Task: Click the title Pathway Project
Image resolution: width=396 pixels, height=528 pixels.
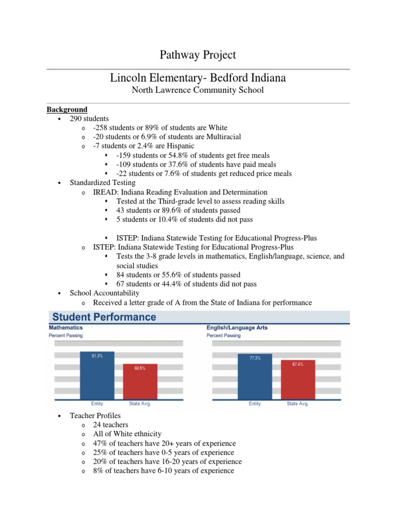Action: (197, 55)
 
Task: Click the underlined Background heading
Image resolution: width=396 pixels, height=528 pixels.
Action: (67, 109)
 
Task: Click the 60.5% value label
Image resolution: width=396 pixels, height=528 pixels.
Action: (140, 368)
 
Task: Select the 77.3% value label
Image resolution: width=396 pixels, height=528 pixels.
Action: (255, 358)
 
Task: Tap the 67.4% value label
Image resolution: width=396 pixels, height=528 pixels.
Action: (298, 364)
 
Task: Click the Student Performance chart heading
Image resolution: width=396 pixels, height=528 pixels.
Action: (102, 317)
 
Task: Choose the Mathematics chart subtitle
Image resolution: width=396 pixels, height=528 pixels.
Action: (65, 327)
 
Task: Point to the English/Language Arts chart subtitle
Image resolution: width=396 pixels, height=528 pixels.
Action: (237, 327)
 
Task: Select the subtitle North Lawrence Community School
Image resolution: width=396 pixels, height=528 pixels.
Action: (197, 90)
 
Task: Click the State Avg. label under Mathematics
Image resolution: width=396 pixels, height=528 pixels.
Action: (139, 404)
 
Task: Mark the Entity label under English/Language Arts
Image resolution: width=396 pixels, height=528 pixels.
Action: (255, 404)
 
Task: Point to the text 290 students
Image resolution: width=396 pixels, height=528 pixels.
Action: (89, 119)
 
